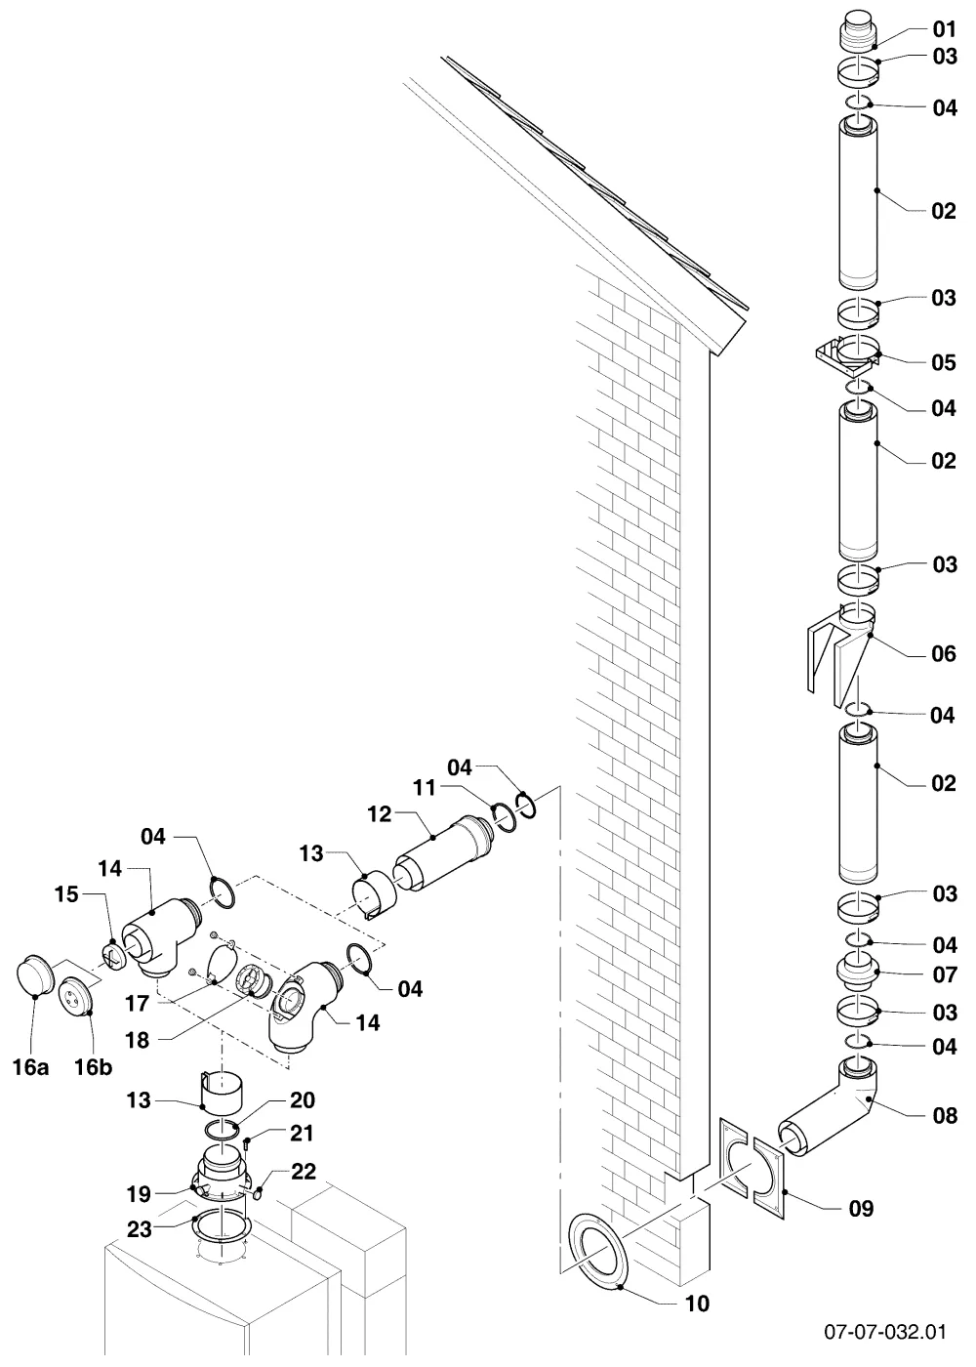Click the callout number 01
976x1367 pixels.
(x=945, y=29)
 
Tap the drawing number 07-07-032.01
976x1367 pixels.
(x=885, y=1331)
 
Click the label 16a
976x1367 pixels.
(x=30, y=1066)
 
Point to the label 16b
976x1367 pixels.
(x=94, y=1066)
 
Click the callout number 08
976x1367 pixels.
(x=945, y=1115)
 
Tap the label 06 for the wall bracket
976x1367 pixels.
(x=944, y=654)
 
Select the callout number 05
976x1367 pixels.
(x=944, y=362)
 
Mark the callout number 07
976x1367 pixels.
(x=945, y=974)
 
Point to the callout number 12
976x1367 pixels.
(x=380, y=814)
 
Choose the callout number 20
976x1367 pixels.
(x=303, y=1099)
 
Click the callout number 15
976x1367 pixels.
(x=66, y=894)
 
